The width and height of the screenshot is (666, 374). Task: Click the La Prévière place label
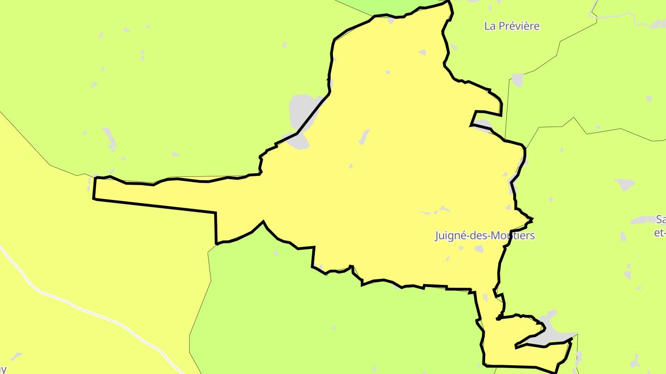[512, 26]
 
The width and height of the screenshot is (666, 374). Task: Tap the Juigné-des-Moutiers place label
[484, 235]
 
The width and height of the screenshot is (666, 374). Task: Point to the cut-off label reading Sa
[661, 219]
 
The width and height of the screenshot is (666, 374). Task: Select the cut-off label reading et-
[660, 233]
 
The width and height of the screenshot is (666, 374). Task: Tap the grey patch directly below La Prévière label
[518, 80]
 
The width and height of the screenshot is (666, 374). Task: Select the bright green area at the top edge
[393, 6]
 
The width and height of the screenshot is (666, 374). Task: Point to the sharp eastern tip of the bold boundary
[532, 219]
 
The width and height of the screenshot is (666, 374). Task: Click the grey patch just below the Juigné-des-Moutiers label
[479, 249]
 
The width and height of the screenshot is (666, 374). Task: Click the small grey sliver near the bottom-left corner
[16, 356]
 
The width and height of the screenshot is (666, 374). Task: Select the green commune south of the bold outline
[324, 323]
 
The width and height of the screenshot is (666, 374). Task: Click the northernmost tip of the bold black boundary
[448, 1]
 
